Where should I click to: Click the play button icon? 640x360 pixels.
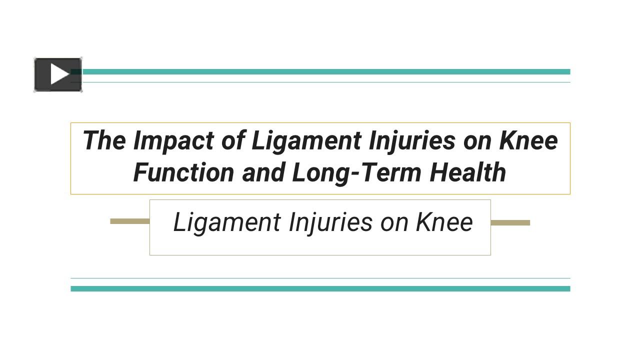point(58,75)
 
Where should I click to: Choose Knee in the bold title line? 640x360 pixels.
point(528,140)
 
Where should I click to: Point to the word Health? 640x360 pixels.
point(468,172)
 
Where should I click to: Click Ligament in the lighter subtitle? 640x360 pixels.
point(227,222)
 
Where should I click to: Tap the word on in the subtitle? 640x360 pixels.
point(395,222)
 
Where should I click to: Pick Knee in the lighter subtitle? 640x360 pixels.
point(444,222)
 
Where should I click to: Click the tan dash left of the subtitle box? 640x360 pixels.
point(130,221)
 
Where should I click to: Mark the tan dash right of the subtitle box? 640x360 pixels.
point(510,222)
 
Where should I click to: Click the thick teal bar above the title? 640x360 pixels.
point(325,72)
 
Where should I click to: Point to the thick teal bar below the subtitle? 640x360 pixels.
point(320,288)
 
